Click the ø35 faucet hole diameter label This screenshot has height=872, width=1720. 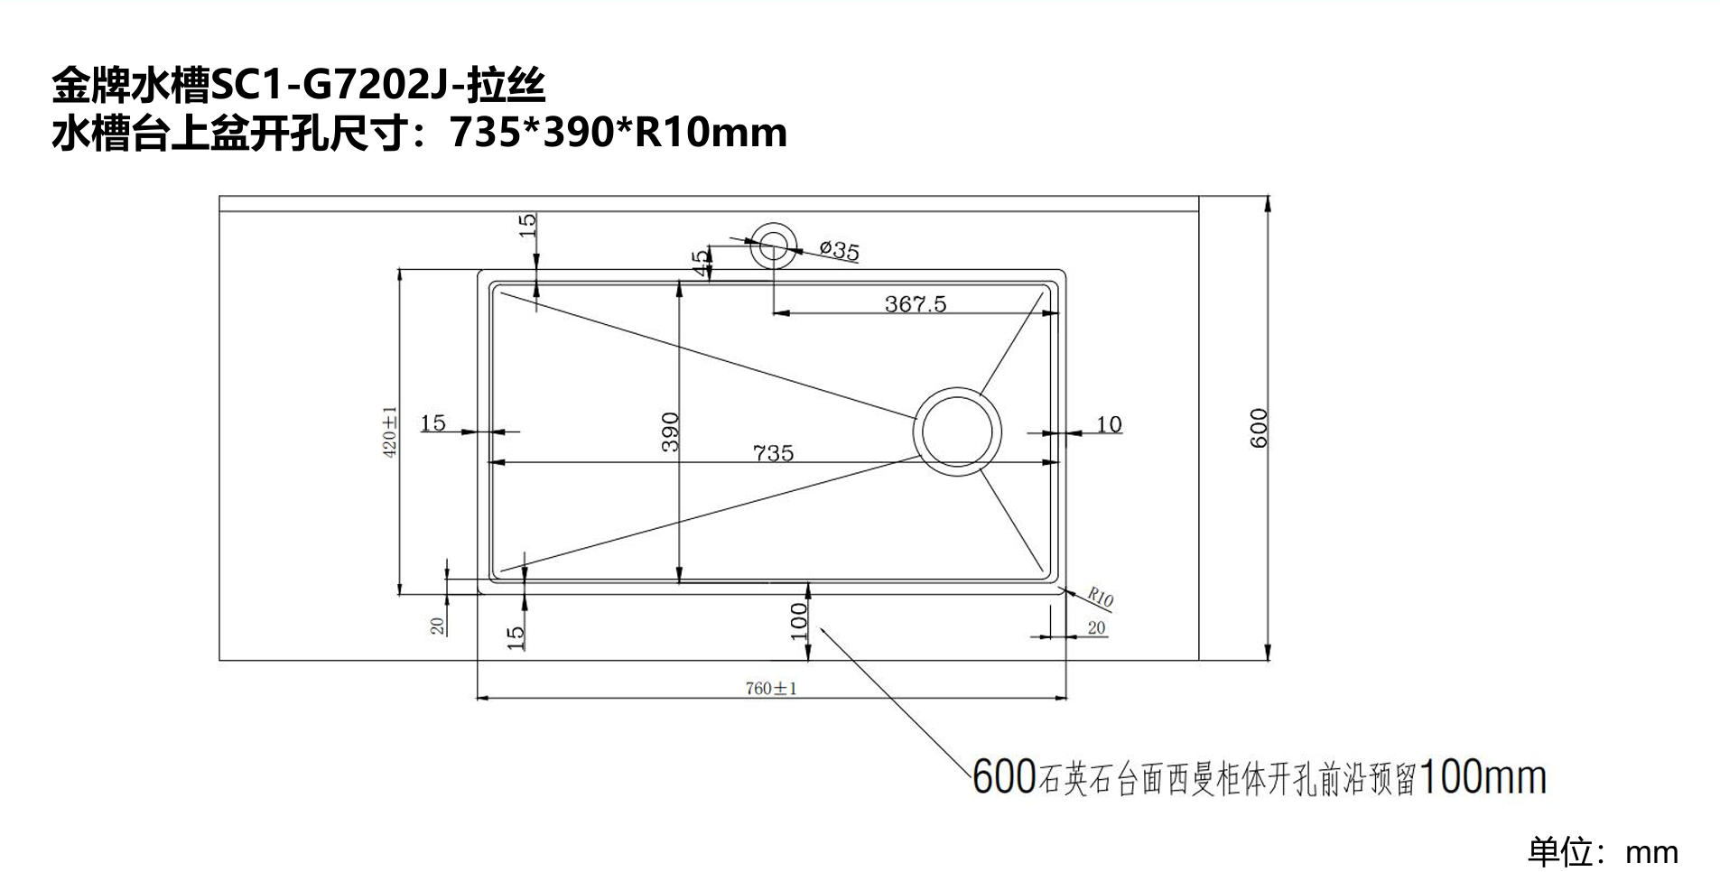click(x=839, y=250)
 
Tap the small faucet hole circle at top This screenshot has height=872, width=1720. click(x=773, y=243)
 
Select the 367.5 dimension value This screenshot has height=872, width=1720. click(x=915, y=304)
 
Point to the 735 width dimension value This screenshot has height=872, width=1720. click(x=773, y=452)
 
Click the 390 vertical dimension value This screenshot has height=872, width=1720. click(x=670, y=431)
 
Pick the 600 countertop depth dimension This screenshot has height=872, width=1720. click(x=1259, y=428)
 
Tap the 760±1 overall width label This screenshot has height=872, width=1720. click(x=771, y=689)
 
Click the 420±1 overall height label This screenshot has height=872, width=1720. click(x=390, y=431)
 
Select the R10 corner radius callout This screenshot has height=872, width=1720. click(x=1100, y=597)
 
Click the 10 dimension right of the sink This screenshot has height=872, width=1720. click(x=1108, y=424)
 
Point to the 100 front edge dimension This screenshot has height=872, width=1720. click(x=799, y=621)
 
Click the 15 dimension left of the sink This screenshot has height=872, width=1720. click(x=433, y=422)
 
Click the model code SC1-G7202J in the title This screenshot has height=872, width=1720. click(x=335, y=87)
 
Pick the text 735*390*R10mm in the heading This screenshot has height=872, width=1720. click(x=618, y=133)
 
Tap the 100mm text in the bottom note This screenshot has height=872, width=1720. click(x=1483, y=777)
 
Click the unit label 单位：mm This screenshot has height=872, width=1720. click(x=1602, y=852)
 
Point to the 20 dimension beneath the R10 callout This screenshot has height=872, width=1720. click(x=1096, y=628)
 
